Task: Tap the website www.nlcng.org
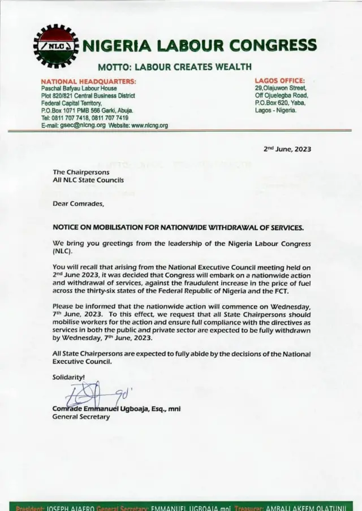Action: coord(149,125)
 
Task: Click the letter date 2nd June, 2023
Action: coord(287,149)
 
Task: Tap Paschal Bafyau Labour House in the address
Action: coord(77,89)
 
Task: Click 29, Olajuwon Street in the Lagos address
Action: coord(281,89)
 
